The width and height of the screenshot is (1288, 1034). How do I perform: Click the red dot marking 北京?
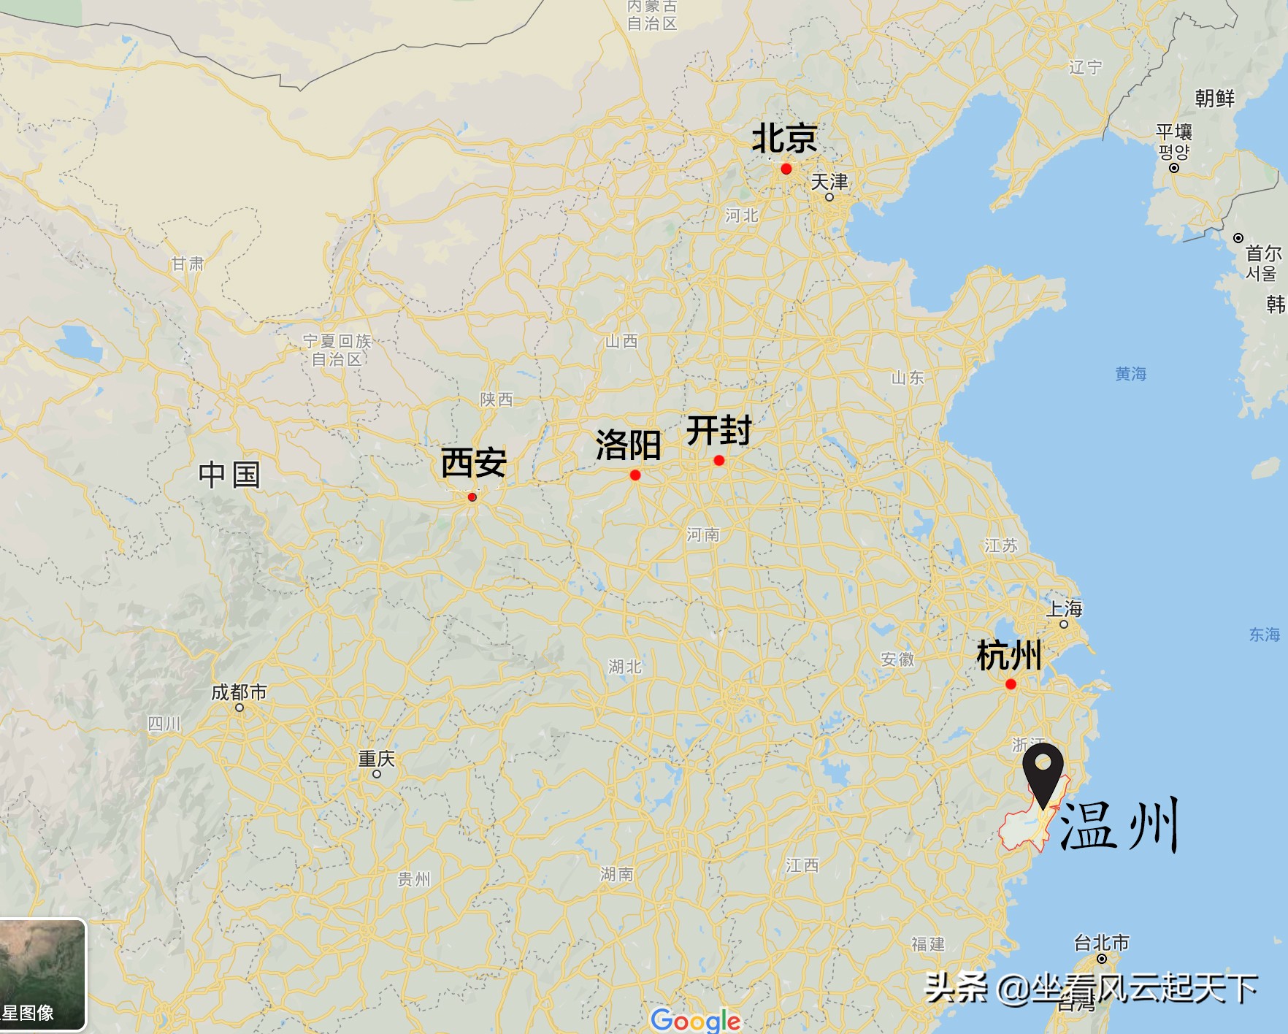click(786, 169)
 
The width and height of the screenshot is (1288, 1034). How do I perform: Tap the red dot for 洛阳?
click(635, 475)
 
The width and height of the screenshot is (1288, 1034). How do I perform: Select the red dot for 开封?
click(719, 460)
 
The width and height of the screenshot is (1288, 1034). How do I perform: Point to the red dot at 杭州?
click(1011, 684)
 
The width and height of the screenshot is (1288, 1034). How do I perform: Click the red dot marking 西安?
click(472, 497)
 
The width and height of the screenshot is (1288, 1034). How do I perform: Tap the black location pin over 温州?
click(1043, 770)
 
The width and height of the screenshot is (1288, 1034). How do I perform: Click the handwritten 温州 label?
click(1119, 825)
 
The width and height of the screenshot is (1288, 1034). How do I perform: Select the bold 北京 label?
click(784, 138)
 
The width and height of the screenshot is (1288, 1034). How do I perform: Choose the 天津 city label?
click(829, 181)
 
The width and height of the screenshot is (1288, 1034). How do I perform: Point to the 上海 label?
click(1065, 608)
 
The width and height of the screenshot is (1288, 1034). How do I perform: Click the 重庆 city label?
click(377, 759)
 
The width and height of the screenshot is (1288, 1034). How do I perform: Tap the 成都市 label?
click(239, 692)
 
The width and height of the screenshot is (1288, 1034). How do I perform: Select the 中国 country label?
click(229, 475)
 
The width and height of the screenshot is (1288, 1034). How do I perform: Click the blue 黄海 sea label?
click(1130, 374)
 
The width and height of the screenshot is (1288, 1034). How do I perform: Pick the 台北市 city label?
click(1101, 943)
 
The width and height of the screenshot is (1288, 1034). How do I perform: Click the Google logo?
click(695, 1019)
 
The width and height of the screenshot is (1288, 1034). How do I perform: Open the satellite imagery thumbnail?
click(42, 974)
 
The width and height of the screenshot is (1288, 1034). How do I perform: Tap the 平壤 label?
click(1174, 132)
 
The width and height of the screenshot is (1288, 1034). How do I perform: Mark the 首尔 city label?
click(1263, 253)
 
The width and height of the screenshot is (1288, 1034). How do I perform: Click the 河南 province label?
click(702, 535)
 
